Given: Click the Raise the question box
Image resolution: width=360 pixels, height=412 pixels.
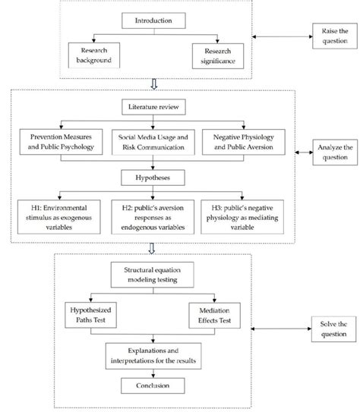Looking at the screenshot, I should tap(329, 36).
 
